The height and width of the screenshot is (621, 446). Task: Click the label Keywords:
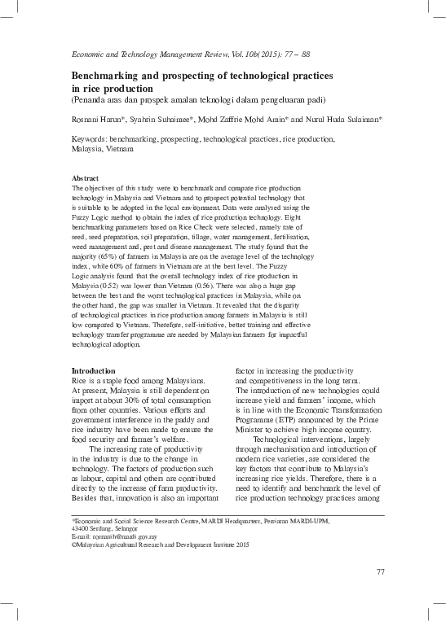[x=91, y=139]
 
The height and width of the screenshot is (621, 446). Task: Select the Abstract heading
[x=86, y=177]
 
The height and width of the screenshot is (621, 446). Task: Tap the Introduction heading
[x=94, y=371]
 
